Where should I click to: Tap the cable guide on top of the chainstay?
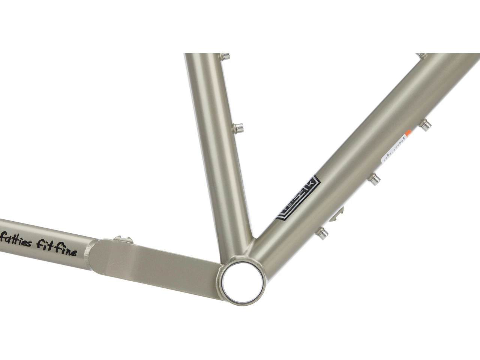(x=123, y=239)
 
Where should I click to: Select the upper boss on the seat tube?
(x=225, y=57)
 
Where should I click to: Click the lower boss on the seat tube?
(x=238, y=129)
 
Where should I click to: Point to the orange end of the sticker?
(x=408, y=133)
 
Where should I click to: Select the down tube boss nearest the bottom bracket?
(x=322, y=233)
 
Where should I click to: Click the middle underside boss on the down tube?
(x=374, y=179)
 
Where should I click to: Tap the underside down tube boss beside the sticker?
(x=425, y=125)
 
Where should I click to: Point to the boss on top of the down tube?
(x=421, y=56)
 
